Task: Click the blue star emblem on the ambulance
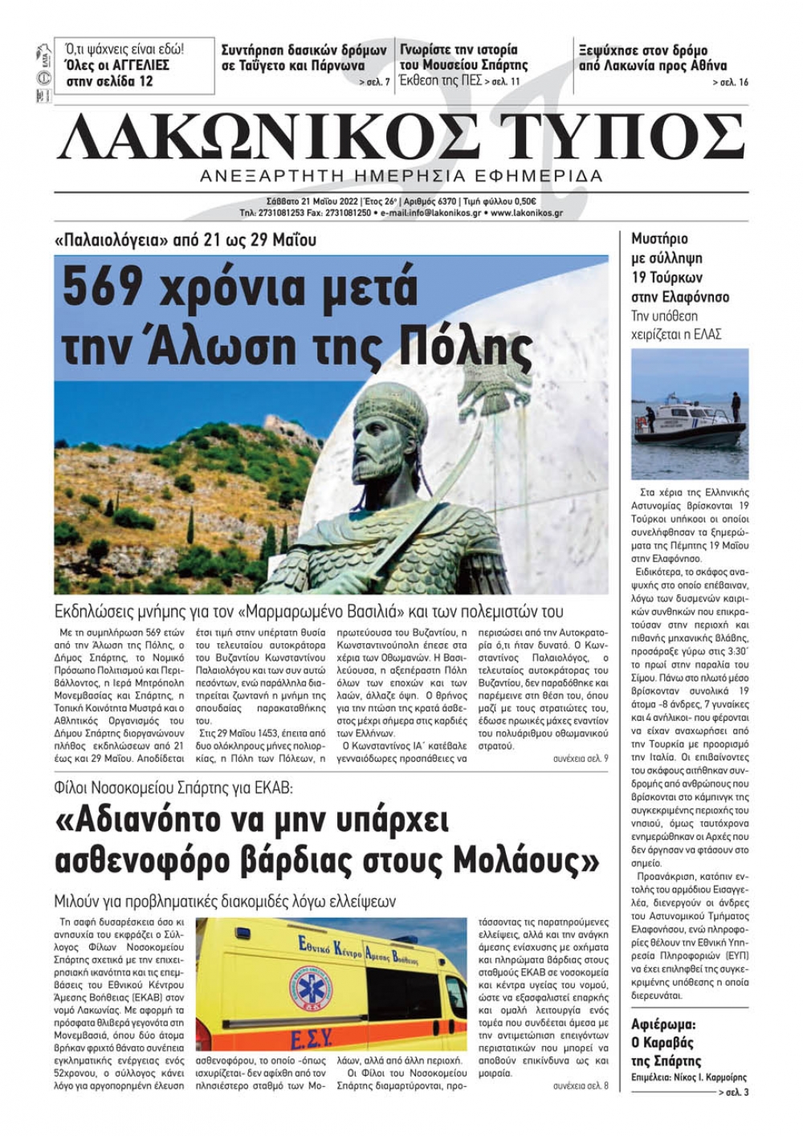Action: [309, 989]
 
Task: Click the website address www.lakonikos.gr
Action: [526, 214]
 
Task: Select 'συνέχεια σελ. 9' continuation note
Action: [581, 758]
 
